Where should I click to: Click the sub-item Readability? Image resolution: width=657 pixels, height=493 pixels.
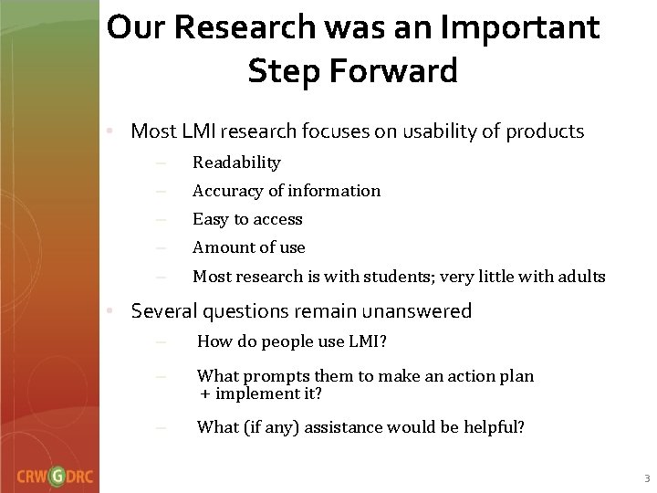click(x=236, y=163)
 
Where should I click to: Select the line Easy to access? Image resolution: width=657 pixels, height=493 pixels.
click(x=246, y=219)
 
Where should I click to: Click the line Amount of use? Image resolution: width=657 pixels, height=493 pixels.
click(x=248, y=247)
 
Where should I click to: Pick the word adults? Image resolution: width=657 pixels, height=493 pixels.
click(x=579, y=276)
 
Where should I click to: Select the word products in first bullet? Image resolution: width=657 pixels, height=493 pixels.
click(x=546, y=131)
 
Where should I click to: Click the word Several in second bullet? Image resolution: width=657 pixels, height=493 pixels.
click(x=167, y=311)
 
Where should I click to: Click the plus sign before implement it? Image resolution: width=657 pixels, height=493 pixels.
click(x=206, y=393)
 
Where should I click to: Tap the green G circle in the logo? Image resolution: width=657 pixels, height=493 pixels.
click(x=57, y=474)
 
